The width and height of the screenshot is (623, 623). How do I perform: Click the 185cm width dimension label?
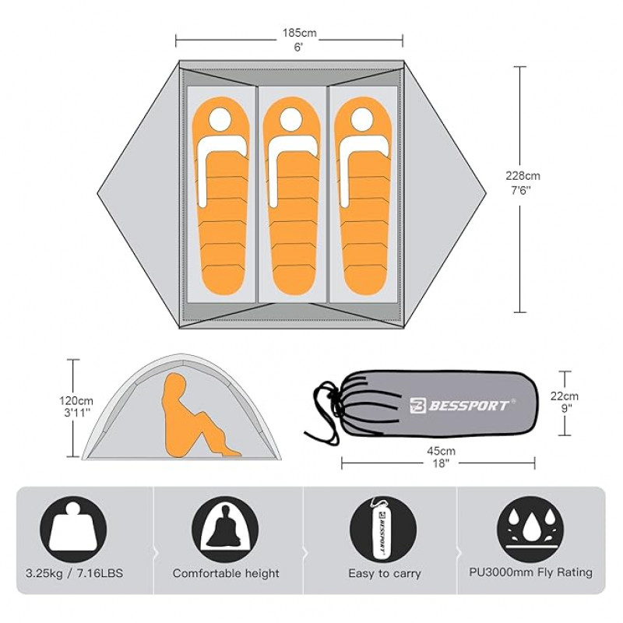[x=299, y=33]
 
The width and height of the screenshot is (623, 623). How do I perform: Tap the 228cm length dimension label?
[x=523, y=176]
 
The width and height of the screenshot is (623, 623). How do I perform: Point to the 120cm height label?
[x=76, y=400]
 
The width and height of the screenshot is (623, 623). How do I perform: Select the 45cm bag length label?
[x=441, y=452]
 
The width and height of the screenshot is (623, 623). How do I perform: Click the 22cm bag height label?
[x=564, y=396]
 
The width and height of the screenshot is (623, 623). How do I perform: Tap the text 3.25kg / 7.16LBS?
[x=74, y=573]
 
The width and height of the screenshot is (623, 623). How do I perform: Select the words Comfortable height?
[x=226, y=573]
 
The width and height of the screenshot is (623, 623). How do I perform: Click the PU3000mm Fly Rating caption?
[x=530, y=572]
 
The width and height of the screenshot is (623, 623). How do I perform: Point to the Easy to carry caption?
[x=384, y=574]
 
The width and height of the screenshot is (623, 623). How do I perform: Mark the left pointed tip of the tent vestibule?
[x=98, y=194]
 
